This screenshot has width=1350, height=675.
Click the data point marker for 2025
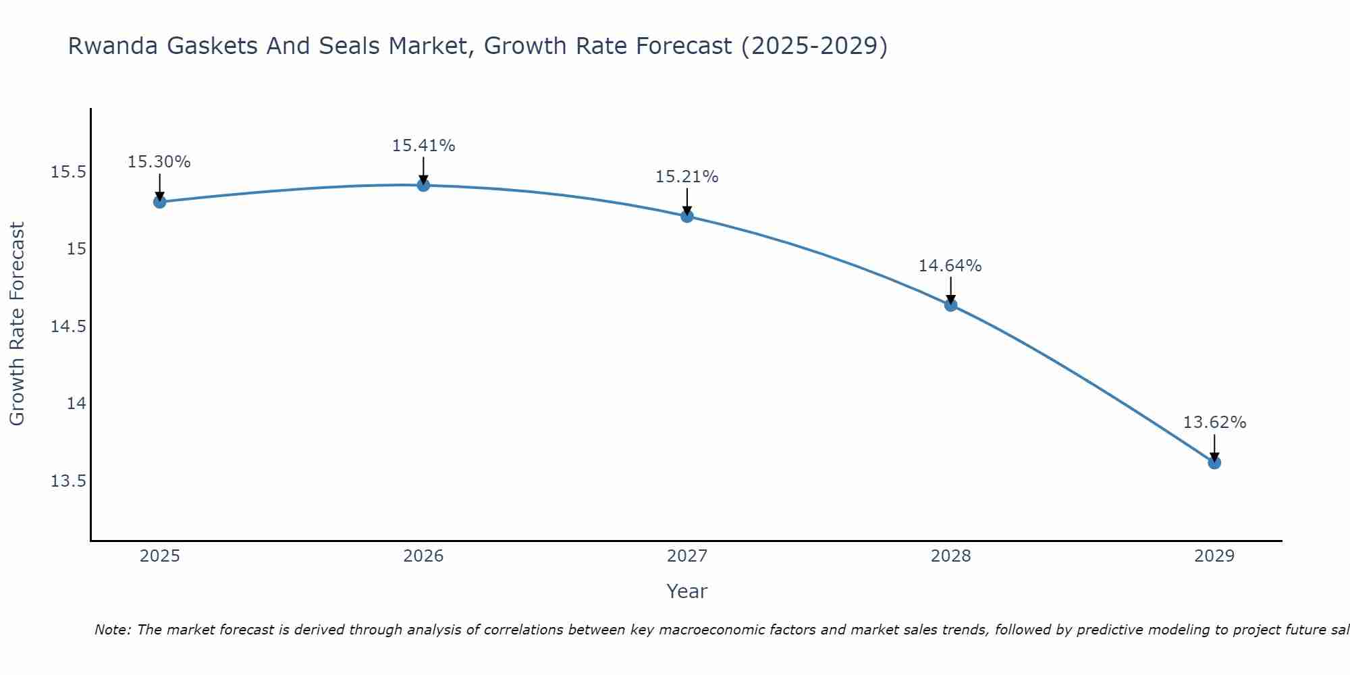[x=159, y=201]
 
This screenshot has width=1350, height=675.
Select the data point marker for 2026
[x=423, y=185]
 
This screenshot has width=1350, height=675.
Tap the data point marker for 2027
[x=687, y=216]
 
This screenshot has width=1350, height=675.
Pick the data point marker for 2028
[x=950, y=305]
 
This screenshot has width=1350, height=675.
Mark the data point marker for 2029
[x=1214, y=462]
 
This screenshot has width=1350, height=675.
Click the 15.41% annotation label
[x=423, y=146]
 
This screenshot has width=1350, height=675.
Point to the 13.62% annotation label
[x=1214, y=423]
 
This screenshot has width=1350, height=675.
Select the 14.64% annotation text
[x=950, y=266]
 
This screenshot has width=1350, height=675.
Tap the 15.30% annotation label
[x=159, y=162]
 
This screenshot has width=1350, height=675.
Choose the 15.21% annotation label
[x=686, y=177]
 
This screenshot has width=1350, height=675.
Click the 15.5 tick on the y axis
[x=69, y=172]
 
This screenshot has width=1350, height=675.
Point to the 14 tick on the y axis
[x=76, y=404]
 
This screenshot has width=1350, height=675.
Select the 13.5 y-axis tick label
[x=69, y=481]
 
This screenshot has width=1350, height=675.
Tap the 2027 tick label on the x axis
[x=687, y=556]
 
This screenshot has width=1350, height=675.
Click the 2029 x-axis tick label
[x=1214, y=556]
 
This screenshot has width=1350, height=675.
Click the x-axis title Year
[x=686, y=591]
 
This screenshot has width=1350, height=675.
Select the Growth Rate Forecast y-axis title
[x=17, y=324]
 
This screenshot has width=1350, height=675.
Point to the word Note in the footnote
[x=112, y=630]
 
